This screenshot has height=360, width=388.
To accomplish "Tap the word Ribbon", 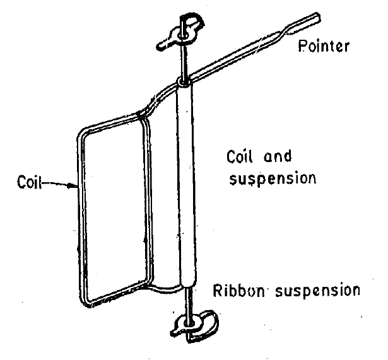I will tap(233, 291).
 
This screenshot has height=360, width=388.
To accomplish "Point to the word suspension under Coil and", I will tap(272, 177).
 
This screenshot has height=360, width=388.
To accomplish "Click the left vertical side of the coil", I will tap(80, 214).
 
